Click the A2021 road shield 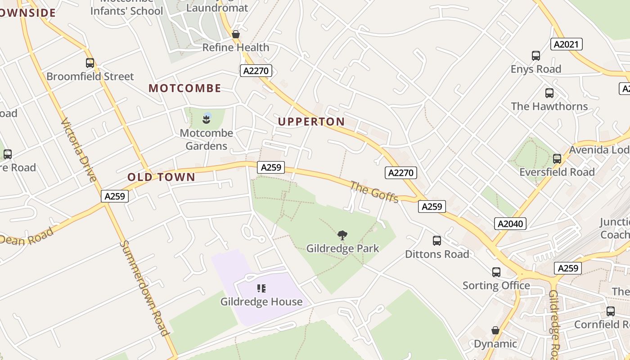[567, 44]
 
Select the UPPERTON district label [311, 121]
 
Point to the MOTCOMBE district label [185, 88]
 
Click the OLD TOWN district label [162, 177]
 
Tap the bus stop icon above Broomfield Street [90, 63]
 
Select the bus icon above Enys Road [535, 56]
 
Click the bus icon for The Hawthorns [549, 93]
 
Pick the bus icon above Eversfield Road [557, 159]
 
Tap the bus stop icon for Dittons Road [436, 241]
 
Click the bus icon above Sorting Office [496, 272]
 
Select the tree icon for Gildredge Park [342, 235]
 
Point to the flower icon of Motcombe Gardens [207, 119]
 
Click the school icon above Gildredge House [261, 288]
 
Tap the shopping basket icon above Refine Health [235, 34]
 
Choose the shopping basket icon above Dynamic [495, 330]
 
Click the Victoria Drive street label [79, 149]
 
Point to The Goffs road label [374, 192]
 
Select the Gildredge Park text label [342, 248]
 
